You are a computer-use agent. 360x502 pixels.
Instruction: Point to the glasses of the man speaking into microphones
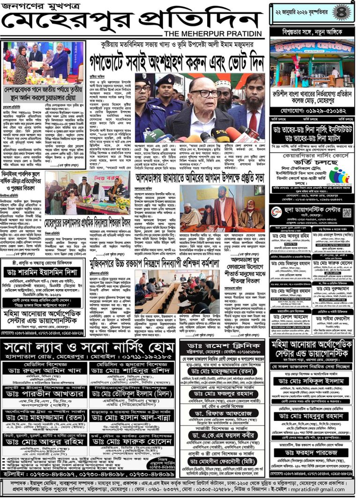tap(204, 93)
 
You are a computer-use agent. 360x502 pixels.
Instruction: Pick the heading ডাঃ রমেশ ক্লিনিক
tap(221, 346)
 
